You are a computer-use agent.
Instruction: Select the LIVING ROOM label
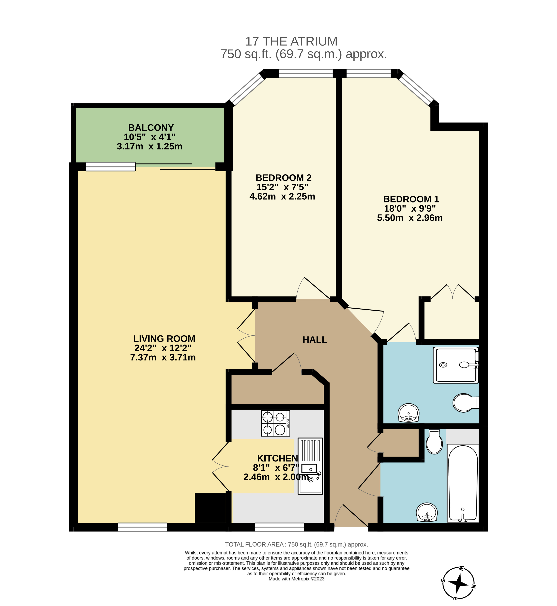[x=164, y=339]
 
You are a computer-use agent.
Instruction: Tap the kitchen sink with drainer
[x=310, y=466]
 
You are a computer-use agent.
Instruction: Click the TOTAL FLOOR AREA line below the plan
[x=297, y=544]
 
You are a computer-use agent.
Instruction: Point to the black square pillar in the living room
[x=210, y=508]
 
